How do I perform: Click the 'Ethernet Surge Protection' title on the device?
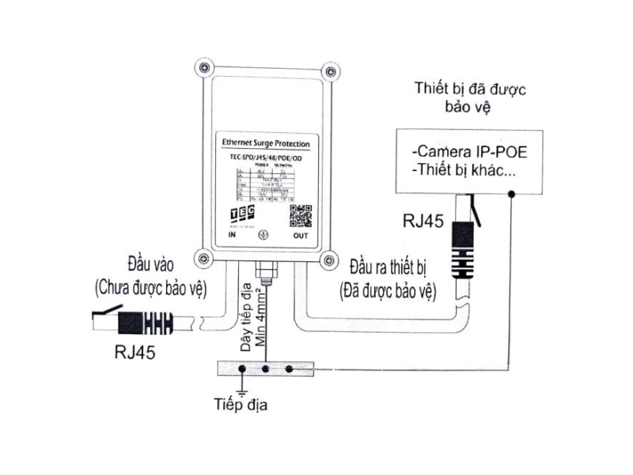coord(265,144)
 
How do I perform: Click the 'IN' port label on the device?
coord(233,235)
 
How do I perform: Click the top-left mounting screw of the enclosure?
coord(205,70)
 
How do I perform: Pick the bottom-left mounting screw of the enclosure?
coord(205,257)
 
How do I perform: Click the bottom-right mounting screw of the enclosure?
coord(324,257)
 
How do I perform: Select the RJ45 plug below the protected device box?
coord(464,245)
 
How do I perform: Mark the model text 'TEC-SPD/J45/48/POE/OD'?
coord(265,157)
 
